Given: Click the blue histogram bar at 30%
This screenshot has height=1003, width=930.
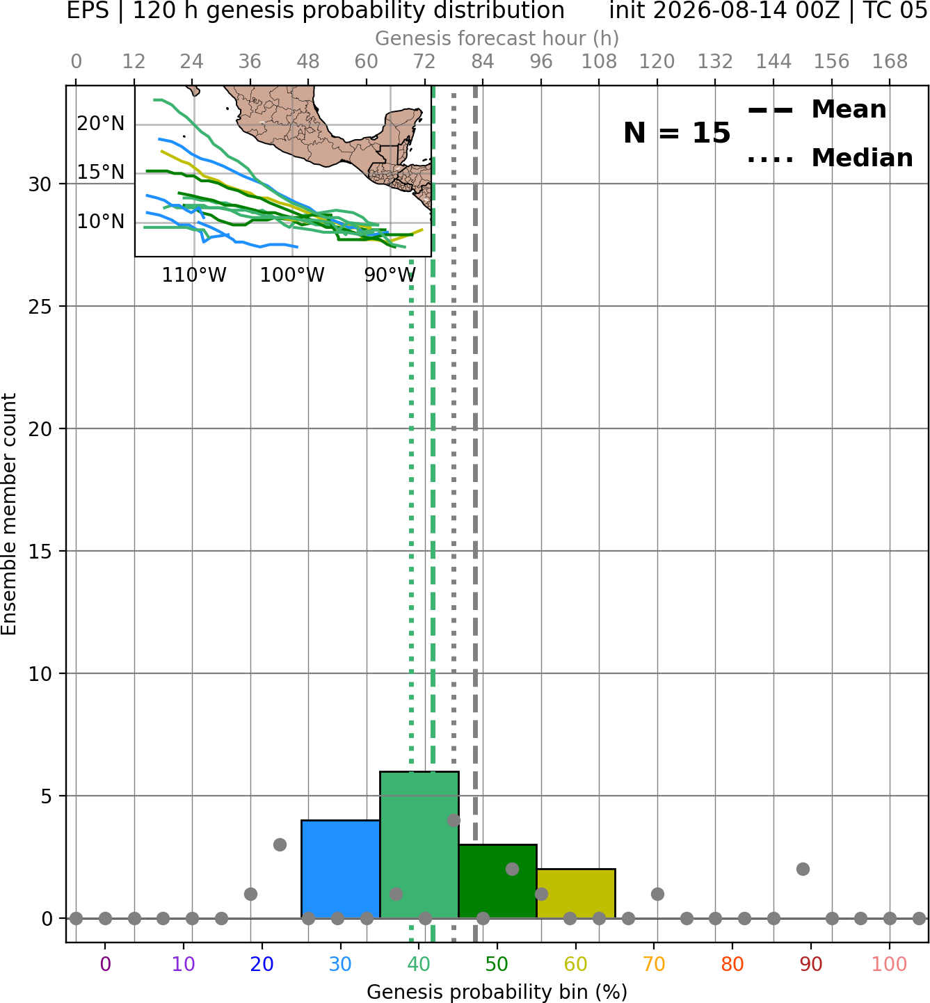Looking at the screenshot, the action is click(340, 869).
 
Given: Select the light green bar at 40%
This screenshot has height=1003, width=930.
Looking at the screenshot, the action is click(419, 844).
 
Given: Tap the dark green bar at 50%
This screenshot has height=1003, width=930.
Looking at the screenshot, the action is click(497, 881).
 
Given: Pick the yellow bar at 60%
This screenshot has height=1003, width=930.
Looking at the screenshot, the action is click(576, 893).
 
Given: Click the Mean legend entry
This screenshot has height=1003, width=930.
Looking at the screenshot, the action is click(817, 110).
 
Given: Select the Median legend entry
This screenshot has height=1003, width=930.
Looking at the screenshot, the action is click(830, 158).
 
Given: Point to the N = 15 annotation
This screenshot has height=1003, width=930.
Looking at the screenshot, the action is click(677, 133).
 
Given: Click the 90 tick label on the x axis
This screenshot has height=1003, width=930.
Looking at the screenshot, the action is click(811, 964).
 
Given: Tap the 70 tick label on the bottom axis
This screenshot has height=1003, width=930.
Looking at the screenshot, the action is click(654, 964).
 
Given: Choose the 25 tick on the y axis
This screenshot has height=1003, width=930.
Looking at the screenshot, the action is click(40, 307).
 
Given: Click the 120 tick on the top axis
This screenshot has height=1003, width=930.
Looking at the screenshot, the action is click(657, 62).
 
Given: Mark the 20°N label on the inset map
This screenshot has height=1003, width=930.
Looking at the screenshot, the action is click(101, 123).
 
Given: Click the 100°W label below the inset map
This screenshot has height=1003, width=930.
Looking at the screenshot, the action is click(292, 275).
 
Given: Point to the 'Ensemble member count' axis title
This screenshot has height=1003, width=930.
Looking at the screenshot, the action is click(9, 515).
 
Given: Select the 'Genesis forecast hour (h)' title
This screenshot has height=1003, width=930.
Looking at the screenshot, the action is click(497, 38).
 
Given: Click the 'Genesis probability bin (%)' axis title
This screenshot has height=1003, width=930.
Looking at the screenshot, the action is click(497, 992).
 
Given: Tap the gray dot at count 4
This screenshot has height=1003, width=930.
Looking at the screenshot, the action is click(454, 820).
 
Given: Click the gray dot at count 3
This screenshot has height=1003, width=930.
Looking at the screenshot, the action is click(280, 844).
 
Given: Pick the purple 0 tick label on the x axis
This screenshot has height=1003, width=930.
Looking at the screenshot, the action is click(105, 964).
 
